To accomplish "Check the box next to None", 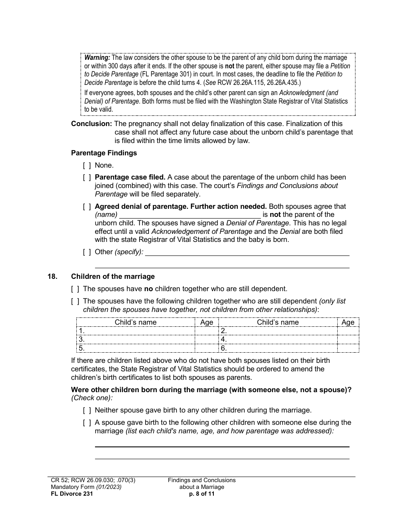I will (87, 165).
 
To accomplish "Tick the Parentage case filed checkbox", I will (87, 177).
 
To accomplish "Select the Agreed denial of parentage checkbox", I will (87, 207).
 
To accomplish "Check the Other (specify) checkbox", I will (87, 252).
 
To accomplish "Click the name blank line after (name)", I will (190, 215).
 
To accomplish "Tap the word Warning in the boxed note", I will (97, 58).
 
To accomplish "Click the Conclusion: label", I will (91, 124).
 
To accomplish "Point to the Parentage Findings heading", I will (104, 153).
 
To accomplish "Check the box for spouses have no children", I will (75, 289).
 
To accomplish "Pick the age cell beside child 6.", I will (348, 348).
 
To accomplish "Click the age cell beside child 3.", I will (207, 340).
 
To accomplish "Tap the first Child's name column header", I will (135, 322).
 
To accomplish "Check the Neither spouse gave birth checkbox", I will (87, 410).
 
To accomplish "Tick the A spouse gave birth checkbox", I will (87, 423).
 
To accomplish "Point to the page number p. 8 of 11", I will (201, 494).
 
